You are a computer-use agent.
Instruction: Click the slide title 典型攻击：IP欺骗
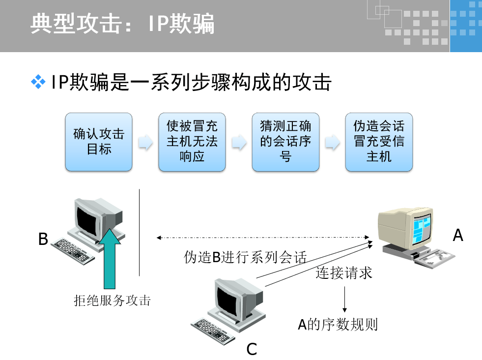click(123, 24)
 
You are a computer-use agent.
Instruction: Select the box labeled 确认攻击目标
click(99, 142)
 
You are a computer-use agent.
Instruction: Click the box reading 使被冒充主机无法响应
click(192, 142)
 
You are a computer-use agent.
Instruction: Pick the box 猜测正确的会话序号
click(285, 142)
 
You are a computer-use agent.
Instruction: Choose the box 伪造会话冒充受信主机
click(379, 142)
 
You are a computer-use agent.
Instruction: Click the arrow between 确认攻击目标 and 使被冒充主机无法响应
click(145, 143)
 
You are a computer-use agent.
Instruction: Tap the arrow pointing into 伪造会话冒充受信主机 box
click(333, 143)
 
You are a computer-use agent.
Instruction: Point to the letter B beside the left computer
click(43, 240)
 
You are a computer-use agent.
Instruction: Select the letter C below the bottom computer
click(252, 349)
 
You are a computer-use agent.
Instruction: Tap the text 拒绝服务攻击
click(112, 300)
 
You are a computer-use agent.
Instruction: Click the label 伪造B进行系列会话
click(245, 257)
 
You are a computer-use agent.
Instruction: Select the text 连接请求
click(344, 273)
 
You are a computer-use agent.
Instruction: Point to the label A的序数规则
click(338, 325)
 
